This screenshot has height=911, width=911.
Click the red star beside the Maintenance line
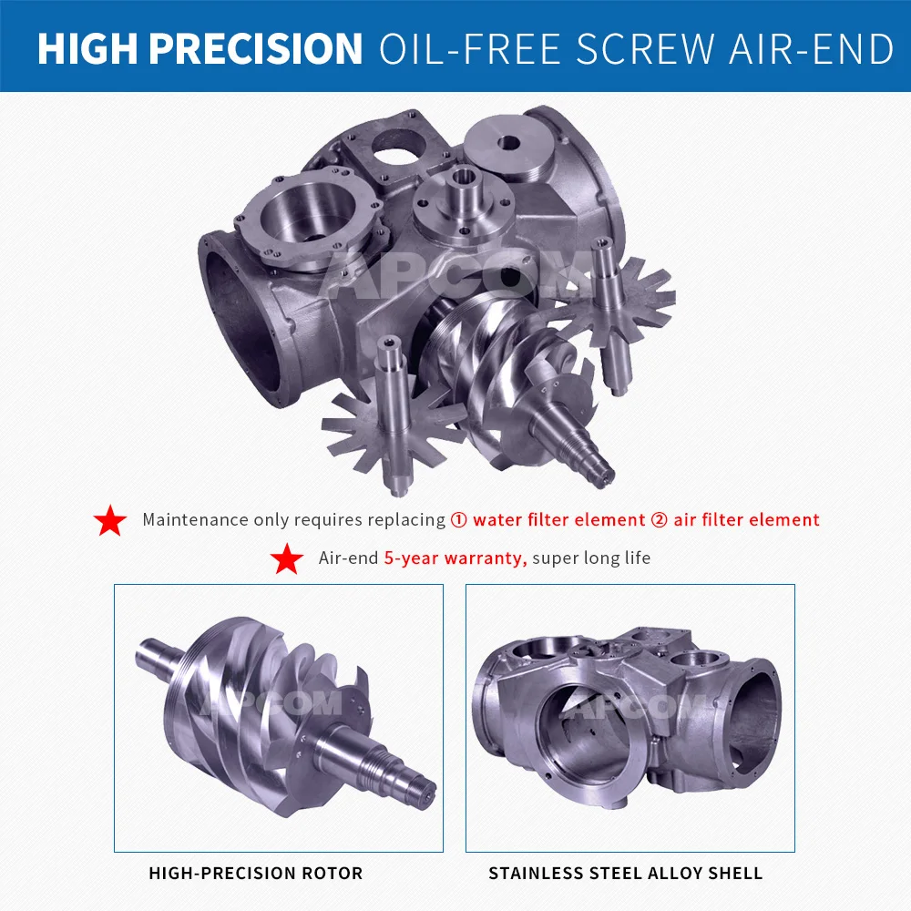pyautogui.click(x=110, y=520)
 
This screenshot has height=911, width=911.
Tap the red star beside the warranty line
pyautogui.click(x=286, y=559)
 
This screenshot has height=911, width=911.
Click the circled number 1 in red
pyautogui.click(x=458, y=519)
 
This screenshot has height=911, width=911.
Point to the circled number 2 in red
pyautogui.click(x=659, y=519)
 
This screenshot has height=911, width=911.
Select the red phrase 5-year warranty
pyautogui.click(x=455, y=558)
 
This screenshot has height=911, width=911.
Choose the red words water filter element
pyautogui.click(x=559, y=519)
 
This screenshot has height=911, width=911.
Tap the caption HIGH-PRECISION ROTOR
pyautogui.click(x=256, y=874)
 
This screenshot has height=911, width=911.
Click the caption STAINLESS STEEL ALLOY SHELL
pyautogui.click(x=625, y=874)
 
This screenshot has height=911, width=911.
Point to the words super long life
pyautogui.click(x=591, y=558)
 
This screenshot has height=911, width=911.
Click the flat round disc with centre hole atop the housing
pyautogui.click(x=507, y=145)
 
